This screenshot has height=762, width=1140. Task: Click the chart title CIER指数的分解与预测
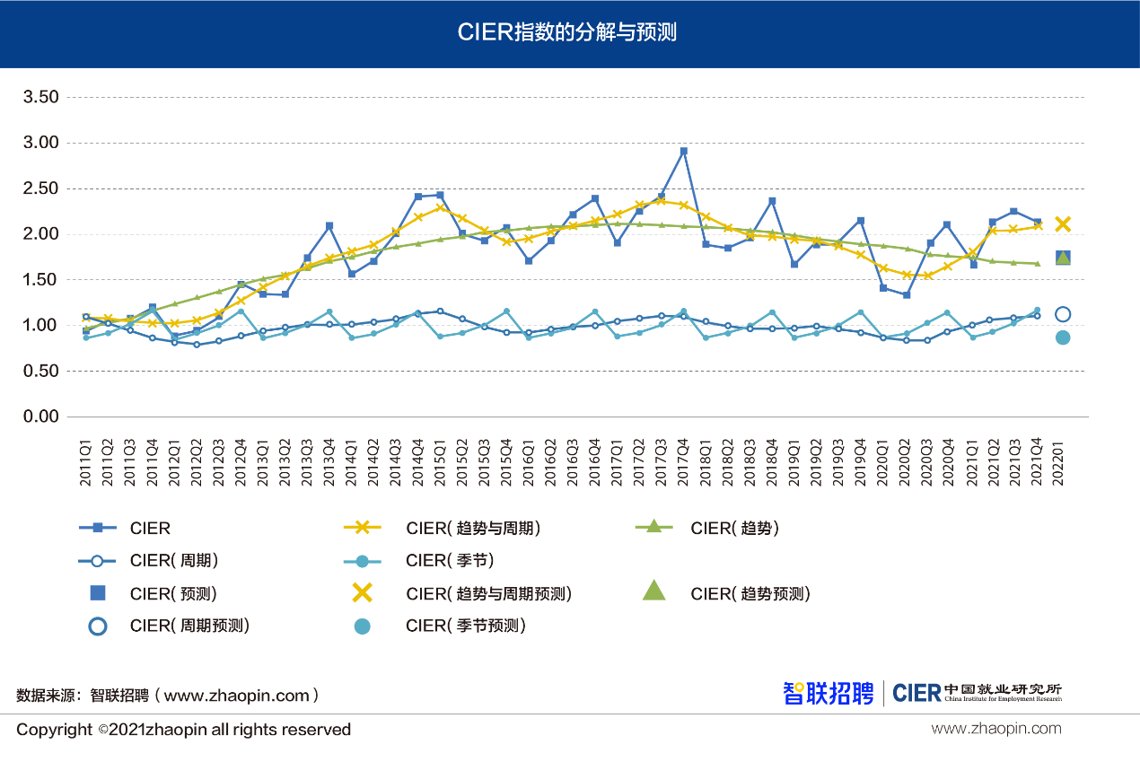point(566,33)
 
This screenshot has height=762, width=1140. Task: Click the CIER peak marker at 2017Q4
point(684,152)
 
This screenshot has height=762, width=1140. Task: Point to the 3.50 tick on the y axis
point(40,97)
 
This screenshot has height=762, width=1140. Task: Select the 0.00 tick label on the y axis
point(40,416)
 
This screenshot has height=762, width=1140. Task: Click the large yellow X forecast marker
point(1063,223)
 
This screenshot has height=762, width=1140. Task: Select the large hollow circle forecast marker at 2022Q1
point(1063,314)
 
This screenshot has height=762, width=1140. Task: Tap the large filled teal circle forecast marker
point(1063,337)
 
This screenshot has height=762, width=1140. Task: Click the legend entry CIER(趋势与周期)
point(472,529)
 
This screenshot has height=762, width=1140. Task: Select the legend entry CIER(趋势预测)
point(750,594)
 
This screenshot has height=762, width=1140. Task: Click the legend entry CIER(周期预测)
point(189,626)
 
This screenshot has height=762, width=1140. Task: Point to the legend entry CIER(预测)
point(172,594)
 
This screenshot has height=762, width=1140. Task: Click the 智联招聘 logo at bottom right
point(828,693)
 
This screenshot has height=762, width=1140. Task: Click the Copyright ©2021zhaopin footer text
point(183,730)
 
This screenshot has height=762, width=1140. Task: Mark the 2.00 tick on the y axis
point(40,234)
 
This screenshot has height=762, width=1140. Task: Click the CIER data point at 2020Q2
point(907,295)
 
